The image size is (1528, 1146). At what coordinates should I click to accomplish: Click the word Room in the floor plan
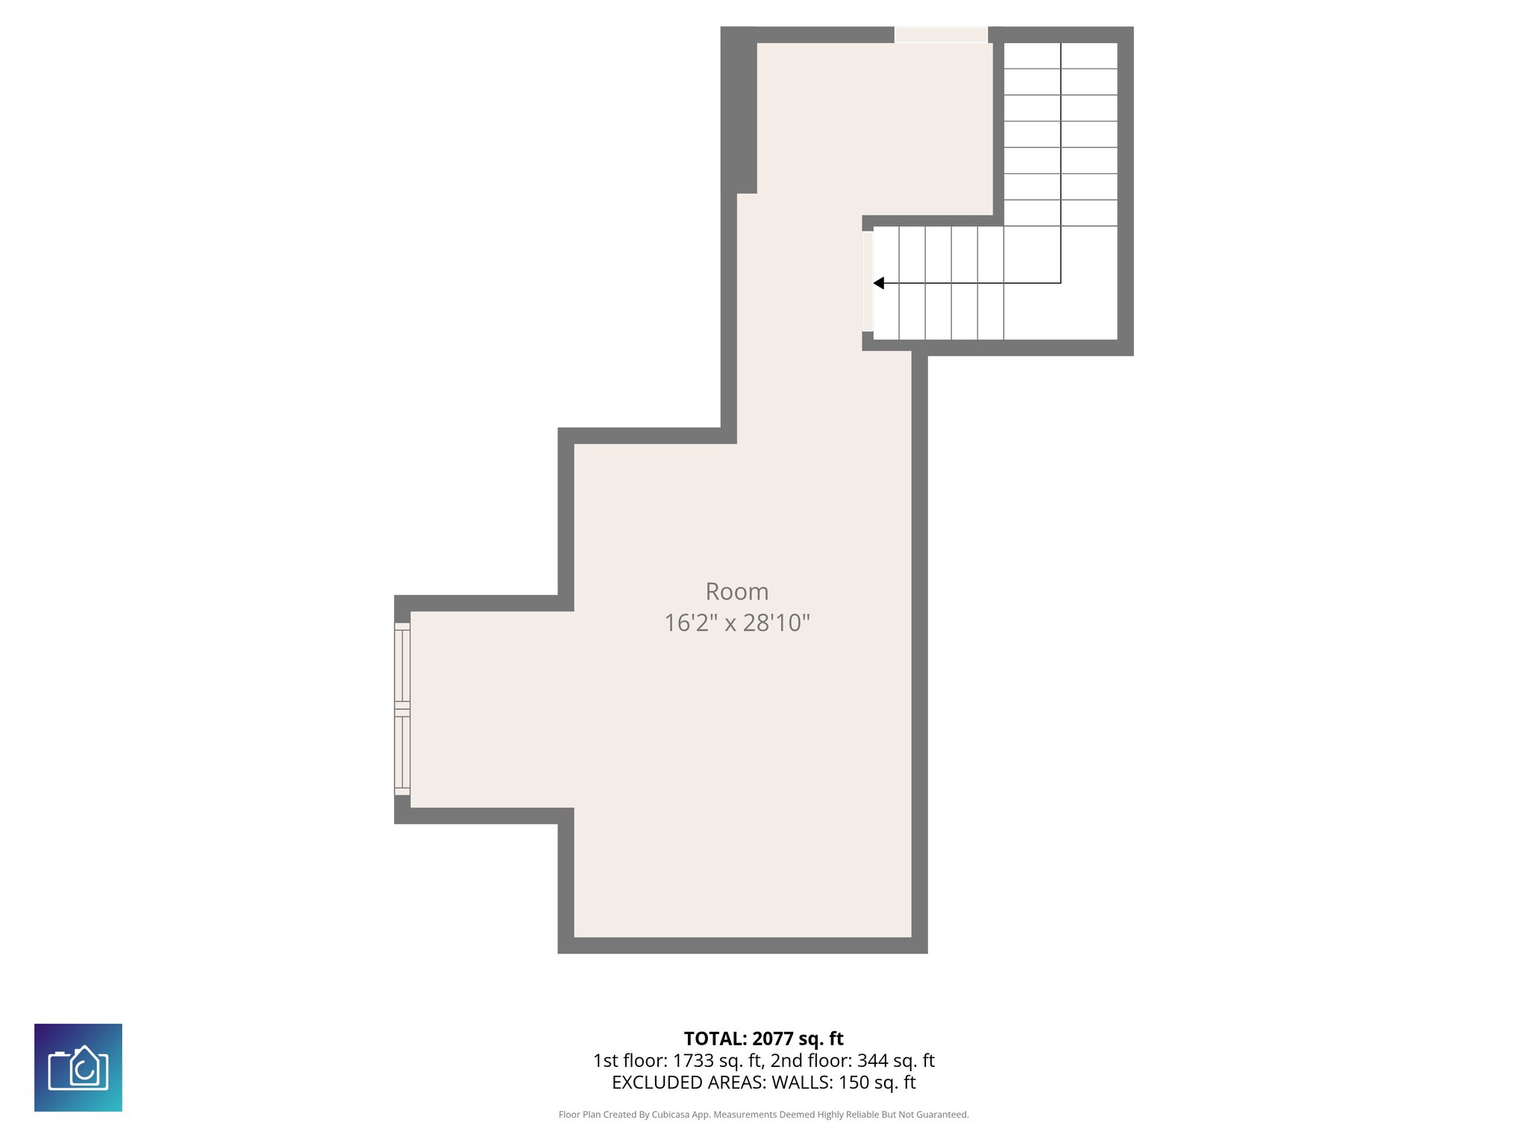736,592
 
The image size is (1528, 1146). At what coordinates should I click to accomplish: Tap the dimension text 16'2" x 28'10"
736,622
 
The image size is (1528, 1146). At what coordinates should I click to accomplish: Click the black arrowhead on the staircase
879,283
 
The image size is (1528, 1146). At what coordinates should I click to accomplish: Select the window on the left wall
402,709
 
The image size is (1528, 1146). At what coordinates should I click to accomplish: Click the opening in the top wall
941,35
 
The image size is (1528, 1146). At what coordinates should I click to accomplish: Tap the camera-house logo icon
78,1068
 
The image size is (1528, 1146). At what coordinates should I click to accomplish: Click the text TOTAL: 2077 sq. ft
763,1039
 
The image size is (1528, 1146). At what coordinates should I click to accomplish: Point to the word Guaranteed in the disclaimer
943,1115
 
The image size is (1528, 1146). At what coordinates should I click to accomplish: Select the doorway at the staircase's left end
868,281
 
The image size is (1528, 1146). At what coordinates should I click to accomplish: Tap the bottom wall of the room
742,945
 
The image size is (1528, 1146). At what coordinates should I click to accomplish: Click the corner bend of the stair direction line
1060,283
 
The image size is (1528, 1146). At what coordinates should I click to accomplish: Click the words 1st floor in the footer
629,1060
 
